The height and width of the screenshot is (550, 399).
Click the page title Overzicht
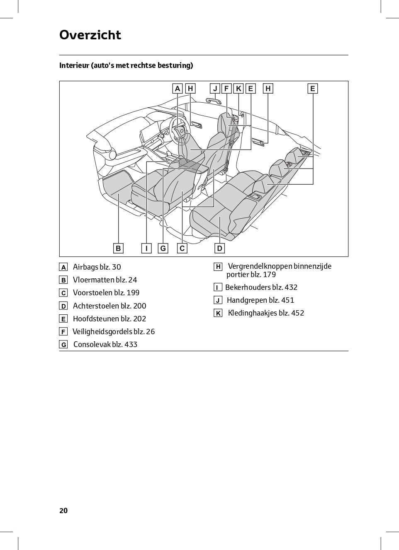90,35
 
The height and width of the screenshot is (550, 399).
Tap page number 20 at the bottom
63,510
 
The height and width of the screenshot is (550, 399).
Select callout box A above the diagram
178,88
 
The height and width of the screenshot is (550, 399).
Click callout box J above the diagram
215,88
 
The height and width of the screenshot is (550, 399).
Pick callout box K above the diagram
238,88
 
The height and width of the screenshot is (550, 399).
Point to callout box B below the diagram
118,248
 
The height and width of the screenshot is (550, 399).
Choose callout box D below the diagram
220,248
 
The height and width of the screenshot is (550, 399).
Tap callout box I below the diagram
146,248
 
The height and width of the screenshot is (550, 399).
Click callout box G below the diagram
163,248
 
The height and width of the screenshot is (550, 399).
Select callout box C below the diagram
182,248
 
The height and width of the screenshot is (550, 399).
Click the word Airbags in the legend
85,267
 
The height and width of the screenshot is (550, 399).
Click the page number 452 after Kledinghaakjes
297,313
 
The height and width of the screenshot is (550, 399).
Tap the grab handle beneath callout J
213,101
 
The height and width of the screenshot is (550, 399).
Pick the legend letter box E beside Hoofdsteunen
63,319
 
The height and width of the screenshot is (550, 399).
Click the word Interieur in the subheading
74,65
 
